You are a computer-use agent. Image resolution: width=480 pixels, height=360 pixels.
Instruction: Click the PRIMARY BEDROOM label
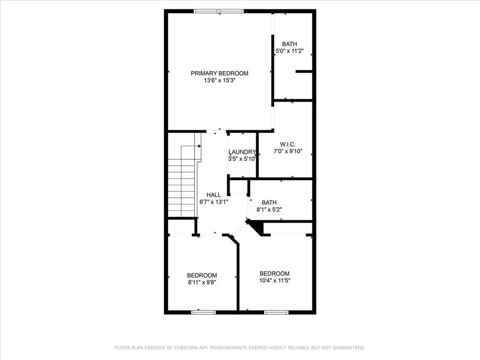[219, 73]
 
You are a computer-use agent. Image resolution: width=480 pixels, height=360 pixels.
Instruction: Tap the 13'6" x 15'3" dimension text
[219, 81]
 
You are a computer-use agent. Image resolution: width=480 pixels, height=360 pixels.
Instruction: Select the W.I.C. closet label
[288, 144]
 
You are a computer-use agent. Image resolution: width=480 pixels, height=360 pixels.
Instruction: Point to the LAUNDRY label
[242, 152]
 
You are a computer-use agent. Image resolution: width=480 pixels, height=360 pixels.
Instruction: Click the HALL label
[214, 195]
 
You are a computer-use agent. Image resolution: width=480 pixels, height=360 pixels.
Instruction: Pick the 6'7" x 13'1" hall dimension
[214, 202]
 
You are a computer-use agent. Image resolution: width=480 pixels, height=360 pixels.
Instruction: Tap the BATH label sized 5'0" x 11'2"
[290, 44]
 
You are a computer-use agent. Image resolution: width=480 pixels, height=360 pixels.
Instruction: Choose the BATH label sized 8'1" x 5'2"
[269, 202]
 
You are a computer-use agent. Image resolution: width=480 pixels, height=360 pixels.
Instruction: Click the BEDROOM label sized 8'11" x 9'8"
[202, 275]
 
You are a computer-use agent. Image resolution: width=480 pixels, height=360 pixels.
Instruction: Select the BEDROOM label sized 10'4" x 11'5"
[275, 273]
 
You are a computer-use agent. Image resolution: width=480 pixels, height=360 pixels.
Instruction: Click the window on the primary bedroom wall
[219, 11]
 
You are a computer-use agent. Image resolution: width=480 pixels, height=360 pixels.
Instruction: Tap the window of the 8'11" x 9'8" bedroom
[203, 312]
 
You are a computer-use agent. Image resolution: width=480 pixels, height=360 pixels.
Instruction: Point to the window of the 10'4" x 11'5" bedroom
[276, 312]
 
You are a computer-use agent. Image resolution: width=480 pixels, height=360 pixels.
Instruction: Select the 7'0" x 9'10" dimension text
[288, 151]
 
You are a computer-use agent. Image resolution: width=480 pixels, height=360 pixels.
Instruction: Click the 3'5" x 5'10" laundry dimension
[242, 159]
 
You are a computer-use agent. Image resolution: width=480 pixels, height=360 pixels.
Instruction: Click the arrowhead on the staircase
[200, 146]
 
